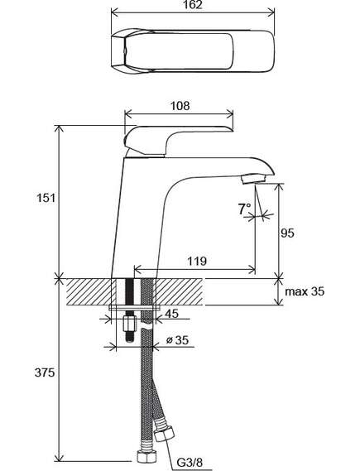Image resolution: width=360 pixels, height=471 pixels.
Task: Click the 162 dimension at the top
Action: pos(192,5)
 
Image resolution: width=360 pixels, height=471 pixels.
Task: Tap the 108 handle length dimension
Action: pos(180,106)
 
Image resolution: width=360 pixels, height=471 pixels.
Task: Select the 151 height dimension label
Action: pos(46,199)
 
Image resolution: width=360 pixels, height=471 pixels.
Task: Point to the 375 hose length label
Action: pos(45,372)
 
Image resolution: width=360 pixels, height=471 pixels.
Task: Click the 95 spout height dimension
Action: pos(287,233)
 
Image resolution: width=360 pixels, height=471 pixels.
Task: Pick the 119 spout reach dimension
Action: pos(197,261)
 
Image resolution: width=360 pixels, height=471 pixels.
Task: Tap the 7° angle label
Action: pos(244,209)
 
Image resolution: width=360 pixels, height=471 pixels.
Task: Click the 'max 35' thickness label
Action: pos(305,291)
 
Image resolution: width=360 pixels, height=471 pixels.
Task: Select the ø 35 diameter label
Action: pos(177,340)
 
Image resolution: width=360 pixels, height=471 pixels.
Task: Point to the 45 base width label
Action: pos(172,314)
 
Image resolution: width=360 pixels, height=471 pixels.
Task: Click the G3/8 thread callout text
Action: pos(190,463)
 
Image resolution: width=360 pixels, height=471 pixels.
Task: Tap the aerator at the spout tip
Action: pos(253,179)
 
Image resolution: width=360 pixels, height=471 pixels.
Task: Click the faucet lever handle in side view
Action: pos(177,141)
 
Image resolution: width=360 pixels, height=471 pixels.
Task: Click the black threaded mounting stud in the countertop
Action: pos(129,291)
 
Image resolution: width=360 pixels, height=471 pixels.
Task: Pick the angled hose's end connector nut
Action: pos(164,433)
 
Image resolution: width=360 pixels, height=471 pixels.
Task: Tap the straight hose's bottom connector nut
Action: pos(146,457)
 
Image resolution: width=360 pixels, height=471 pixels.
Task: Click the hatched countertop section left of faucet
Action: pos(89,291)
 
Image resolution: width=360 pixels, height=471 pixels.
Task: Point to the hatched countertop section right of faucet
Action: pos(179,291)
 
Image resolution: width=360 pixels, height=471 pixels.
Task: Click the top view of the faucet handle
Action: pos(193,50)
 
